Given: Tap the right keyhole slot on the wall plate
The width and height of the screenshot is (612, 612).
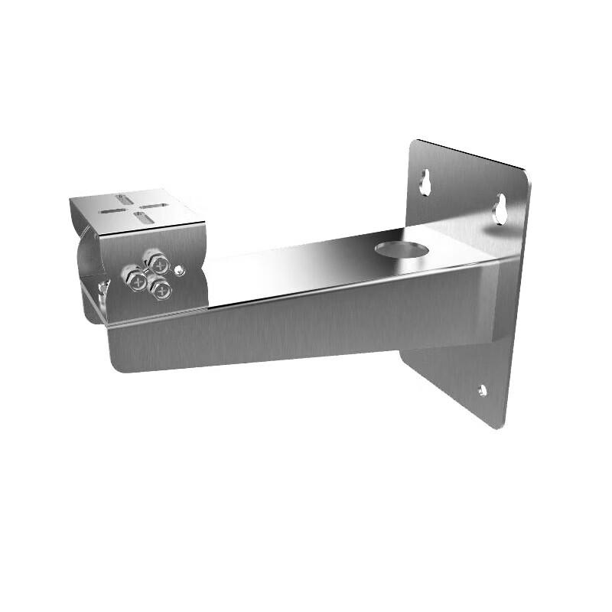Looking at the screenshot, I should tap(500, 208).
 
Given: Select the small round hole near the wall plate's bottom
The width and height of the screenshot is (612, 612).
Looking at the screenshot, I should tap(482, 390).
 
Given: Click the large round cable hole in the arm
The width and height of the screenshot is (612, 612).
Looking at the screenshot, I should tap(402, 249).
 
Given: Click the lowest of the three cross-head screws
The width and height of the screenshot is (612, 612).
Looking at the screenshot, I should tap(161, 289).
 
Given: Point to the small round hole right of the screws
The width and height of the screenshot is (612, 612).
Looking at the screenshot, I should tap(179, 269).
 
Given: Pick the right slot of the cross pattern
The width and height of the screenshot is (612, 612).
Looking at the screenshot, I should tap(156, 205).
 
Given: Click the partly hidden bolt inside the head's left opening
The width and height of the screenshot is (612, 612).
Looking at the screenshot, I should tap(100, 289).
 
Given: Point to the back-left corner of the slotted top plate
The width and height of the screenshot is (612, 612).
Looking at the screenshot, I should tap(71, 199).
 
